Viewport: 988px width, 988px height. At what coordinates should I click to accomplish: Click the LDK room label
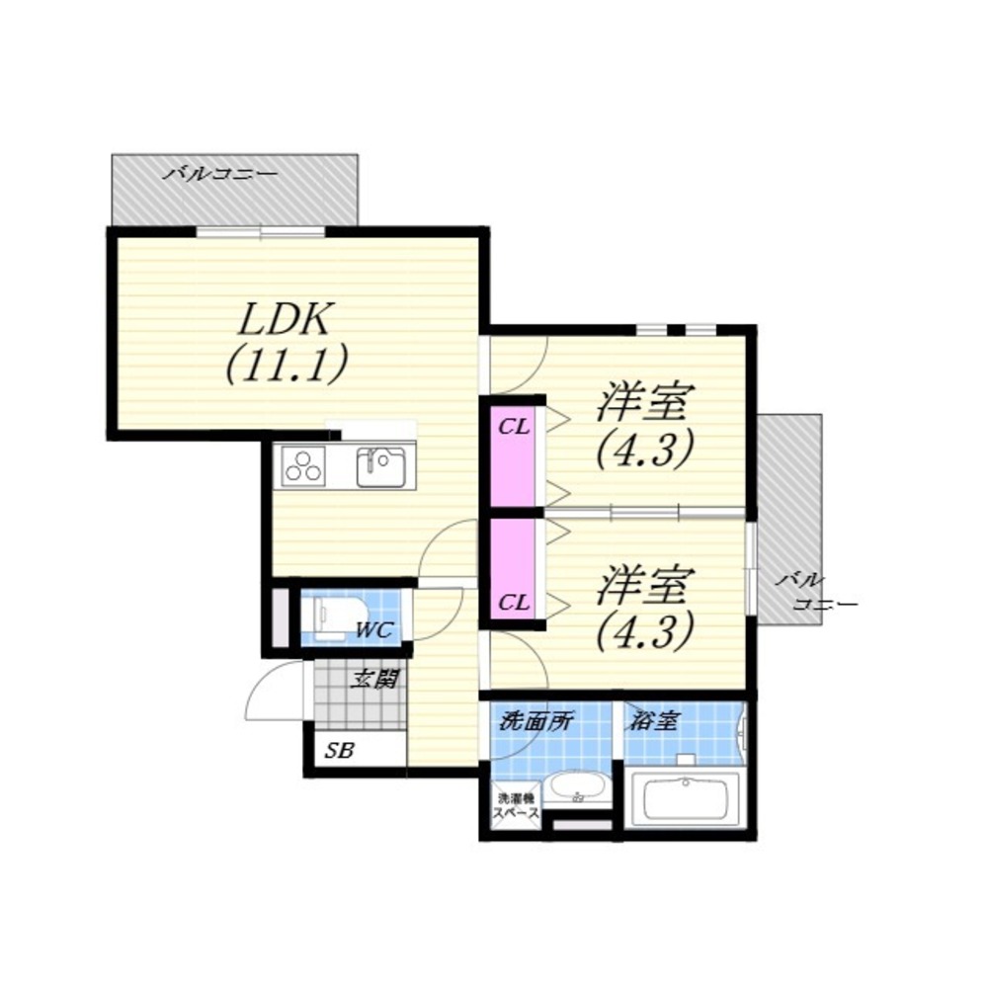click(x=284, y=320)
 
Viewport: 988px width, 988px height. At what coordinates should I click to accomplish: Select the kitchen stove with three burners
click(x=303, y=466)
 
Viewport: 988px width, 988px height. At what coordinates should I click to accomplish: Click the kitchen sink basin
click(x=381, y=467)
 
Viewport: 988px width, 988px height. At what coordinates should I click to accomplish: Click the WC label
click(x=374, y=629)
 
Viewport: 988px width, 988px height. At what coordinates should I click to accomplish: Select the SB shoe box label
click(x=340, y=750)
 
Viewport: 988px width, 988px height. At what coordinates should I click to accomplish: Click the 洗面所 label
click(x=535, y=721)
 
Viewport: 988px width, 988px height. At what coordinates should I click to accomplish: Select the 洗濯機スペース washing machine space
click(x=516, y=806)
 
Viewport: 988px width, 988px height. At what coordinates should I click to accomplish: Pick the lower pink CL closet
click(x=513, y=569)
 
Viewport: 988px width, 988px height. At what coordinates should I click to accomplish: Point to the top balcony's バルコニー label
click(x=219, y=173)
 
